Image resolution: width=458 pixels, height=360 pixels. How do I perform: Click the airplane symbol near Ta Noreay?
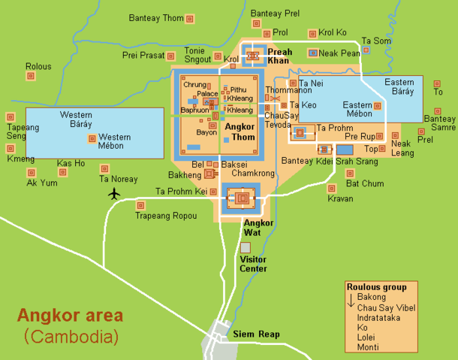(x=114, y=194)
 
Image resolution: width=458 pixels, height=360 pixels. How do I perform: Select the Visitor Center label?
(x=252, y=264)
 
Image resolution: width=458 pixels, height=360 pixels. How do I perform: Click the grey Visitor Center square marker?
(x=245, y=247)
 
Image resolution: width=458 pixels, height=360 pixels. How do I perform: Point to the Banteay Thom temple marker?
(x=189, y=18)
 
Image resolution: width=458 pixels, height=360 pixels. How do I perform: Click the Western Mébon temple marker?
(x=92, y=138)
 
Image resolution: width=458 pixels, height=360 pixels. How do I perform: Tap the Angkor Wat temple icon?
(x=240, y=199)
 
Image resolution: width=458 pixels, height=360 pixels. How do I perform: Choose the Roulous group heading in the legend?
(x=376, y=287)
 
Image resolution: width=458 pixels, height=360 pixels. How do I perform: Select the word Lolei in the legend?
(x=368, y=337)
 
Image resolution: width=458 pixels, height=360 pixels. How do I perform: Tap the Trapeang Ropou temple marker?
(x=140, y=204)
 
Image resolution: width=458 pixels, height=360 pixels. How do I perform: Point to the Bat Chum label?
(x=365, y=183)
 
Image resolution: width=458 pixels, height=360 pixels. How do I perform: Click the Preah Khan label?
(x=280, y=56)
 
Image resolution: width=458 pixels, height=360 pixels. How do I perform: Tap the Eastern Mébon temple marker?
(x=377, y=106)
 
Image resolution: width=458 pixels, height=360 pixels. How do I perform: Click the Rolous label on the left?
(x=38, y=66)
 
